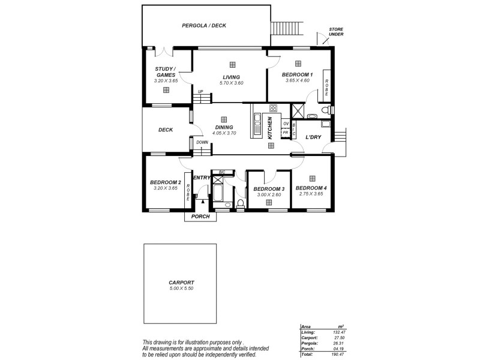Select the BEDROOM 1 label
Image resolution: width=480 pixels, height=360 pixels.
coord(298,74)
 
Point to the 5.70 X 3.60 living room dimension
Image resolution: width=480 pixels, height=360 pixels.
coord(231,83)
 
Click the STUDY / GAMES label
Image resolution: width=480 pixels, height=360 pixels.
coord(165,72)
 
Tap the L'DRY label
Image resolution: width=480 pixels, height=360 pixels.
coord(313,137)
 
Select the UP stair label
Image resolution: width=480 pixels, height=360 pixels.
coord(201,92)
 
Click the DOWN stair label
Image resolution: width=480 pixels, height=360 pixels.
coord(202,142)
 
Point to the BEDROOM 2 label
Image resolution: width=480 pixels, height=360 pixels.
coord(165,182)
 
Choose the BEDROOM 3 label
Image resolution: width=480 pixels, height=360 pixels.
coord(268,188)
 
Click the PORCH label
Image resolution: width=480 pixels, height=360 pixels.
coord(200,217)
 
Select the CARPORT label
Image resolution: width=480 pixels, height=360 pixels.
coord(181,282)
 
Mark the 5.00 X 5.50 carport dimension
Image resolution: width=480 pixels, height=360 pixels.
coord(181,288)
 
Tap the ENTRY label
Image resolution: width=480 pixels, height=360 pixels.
coord(202,177)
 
